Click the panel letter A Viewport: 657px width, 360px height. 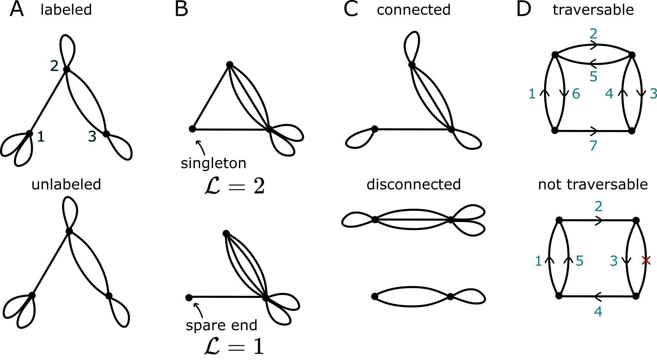pyautogui.click(x=17, y=9)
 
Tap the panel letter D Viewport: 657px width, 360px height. pyautogui.click(x=523, y=9)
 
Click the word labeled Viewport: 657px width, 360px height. pyautogui.click(x=66, y=10)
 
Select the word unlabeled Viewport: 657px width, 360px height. pyautogui.click(x=66, y=184)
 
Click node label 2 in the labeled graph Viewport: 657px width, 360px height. pyautogui.click(x=54, y=66)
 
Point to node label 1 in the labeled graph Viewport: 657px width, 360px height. pyautogui.click(x=41, y=136)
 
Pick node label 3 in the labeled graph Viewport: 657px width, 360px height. pyautogui.click(x=92, y=136)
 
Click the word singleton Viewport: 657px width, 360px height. pyautogui.click(x=213, y=163)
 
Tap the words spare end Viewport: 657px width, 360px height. pyautogui.click(x=221, y=325)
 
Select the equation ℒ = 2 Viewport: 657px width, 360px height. pyautogui.click(x=234, y=187)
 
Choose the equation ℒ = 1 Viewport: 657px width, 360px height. pyautogui.click(x=234, y=347)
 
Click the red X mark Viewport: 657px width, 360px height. pyautogui.click(x=646, y=260)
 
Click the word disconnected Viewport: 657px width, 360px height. pyautogui.click(x=413, y=184)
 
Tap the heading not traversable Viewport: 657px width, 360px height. pyautogui.click(x=593, y=184)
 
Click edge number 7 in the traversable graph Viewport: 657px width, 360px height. pyautogui.click(x=593, y=146)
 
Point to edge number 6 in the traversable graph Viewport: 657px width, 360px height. pyautogui.click(x=576, y=94)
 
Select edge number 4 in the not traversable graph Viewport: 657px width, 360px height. pyautogui.click(x=598, y=311)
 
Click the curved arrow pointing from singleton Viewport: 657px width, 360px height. pyautogui.click(x=201, y=148)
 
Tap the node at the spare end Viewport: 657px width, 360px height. pyautogui.click(x=189, y=298)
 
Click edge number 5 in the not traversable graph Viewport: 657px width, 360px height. pyautogui.click(x=580, y=261)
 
